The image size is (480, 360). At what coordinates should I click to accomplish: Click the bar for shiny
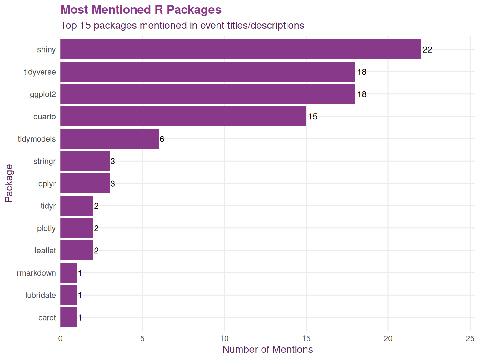coord(240,49)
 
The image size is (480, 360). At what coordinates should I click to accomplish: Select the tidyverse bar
coord(207,72)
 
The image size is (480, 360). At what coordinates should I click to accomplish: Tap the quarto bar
coord(183,116)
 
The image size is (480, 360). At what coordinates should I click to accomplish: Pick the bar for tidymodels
coord(109,139)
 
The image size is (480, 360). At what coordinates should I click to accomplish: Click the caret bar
coord(68,317)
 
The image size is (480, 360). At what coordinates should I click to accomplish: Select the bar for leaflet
coord(77,250)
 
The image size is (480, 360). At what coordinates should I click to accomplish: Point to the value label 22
coord(427,50)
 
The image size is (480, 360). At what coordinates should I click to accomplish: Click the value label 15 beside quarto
coord(312,117)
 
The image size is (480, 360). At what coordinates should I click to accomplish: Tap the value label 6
coord(162,139)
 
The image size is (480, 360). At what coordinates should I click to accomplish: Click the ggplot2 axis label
coord(43,94)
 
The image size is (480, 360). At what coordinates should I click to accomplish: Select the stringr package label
coord(44,161)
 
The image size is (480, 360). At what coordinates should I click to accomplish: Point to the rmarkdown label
coord(36,273)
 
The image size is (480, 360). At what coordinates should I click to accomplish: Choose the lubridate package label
coord(40,295)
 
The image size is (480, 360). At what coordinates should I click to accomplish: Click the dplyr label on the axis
coord(47,183)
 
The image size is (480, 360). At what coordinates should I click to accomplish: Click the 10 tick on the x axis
coord(224,339)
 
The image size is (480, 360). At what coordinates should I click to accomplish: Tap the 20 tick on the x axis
coord(388,339)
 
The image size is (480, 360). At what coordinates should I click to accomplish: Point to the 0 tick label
coord(60,339)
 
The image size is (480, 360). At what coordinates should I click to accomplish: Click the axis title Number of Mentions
coord(267,349)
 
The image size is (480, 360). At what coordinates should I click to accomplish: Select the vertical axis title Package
coord(9,183)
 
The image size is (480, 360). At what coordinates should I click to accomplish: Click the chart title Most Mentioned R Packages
coord(141,10)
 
